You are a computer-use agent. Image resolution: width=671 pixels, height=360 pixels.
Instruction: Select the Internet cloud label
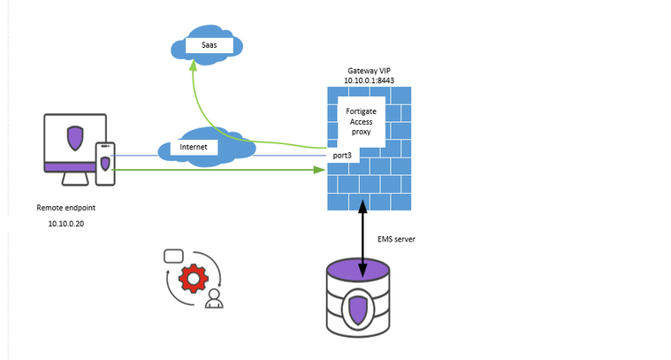pos(194,147)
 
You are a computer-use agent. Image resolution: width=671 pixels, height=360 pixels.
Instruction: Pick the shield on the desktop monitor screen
pos(76,139)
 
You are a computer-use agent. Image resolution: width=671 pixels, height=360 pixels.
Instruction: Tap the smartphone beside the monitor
pos(105,165)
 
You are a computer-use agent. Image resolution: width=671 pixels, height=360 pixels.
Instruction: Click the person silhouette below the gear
pos(213,300)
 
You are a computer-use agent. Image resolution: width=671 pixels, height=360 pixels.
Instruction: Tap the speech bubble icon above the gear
pos(173,256)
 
